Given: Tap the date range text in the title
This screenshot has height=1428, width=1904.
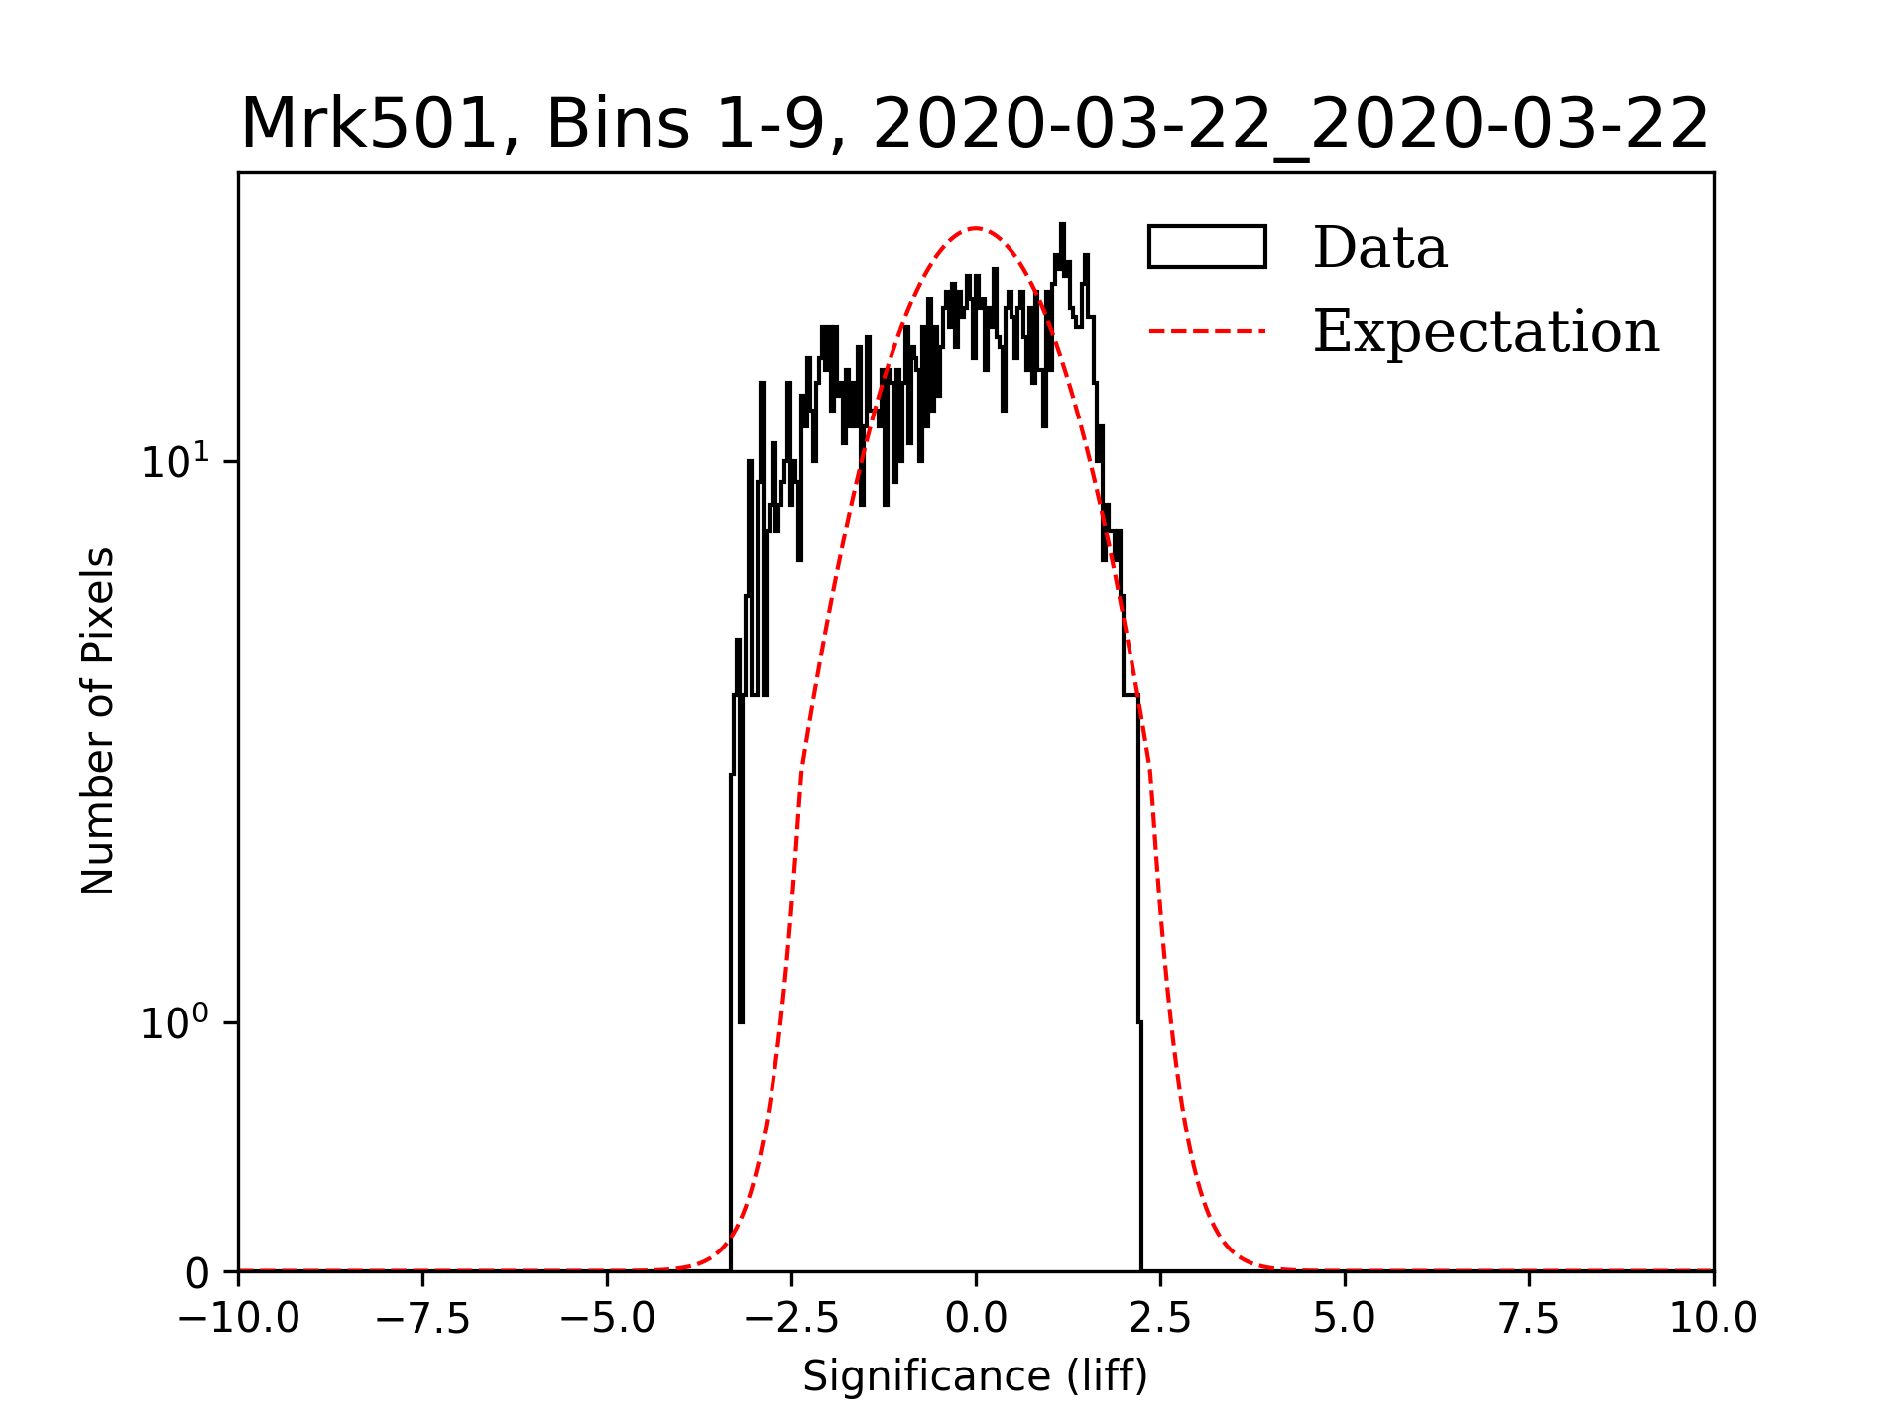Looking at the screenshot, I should click(x=1290, y=125).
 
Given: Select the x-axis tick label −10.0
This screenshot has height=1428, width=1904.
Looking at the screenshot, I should click(x=238, y=1318).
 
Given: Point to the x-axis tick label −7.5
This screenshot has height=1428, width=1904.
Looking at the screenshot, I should click(x=422, y=1318).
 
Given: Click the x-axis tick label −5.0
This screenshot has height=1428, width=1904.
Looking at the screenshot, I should click(x=607, y=1318).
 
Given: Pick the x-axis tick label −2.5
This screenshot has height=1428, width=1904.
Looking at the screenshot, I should click(x=791, y=1318).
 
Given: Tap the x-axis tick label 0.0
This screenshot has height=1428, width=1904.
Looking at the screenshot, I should click(x=976, y=1318).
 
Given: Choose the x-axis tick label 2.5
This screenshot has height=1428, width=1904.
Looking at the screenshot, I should click(x=1160, y=1318).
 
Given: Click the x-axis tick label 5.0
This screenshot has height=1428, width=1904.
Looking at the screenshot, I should click(x=1345, y=1318).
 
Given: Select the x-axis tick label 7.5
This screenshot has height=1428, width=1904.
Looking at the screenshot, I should click(x=1529, y=1318).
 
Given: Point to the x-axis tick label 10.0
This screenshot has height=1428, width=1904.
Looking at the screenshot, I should click(x=1713, y=1318).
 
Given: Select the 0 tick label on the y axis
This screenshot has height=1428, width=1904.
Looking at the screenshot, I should click(x=197, y=1273).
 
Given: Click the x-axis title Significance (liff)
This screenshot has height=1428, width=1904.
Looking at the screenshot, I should click(x=975, y=1376).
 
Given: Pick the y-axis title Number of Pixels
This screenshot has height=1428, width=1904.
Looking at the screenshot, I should click(x=98, y=721).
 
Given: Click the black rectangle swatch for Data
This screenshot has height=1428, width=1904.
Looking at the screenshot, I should click(x=1207, y=247).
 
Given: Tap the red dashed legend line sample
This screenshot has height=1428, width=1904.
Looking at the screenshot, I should click(x=1207, y=331).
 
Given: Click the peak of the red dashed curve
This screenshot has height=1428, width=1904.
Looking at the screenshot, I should click(x=976, y=228).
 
